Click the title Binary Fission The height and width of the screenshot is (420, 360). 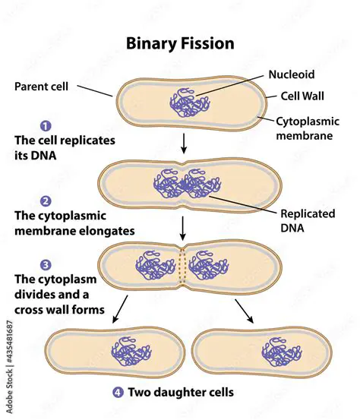point(180,43)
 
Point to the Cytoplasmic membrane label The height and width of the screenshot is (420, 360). point(307,128)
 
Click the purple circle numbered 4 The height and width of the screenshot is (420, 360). point(118,393)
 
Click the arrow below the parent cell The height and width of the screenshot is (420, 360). point(183,143)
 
